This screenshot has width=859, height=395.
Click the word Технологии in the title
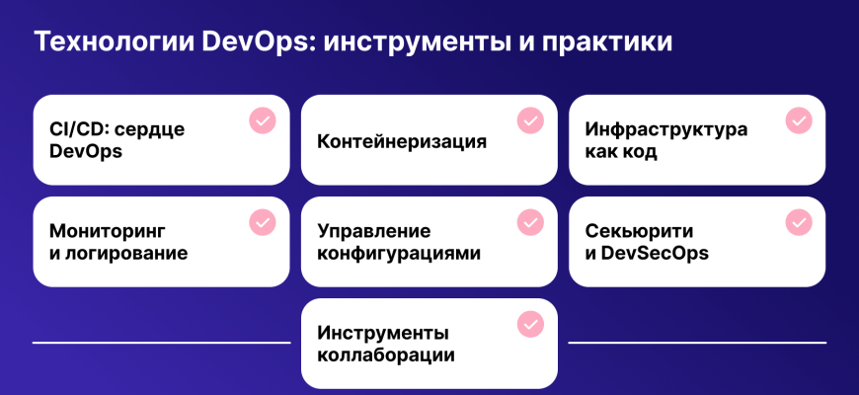click(x=114, y=42)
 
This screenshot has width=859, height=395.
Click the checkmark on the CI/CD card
click(x=263, y=120)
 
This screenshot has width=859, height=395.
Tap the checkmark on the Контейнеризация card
click(x=530, y=120)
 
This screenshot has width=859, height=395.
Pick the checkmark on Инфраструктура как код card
click(x=799, y=120)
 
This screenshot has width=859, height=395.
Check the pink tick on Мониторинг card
click(x=263, y=222)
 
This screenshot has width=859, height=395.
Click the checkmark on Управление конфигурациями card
click(x=530, y=222)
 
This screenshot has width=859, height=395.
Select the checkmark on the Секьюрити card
click(x=799, y=222)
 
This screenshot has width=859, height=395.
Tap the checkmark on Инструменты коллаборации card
click(x=530, y=324)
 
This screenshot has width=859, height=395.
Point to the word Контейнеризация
click(x=402, y=141)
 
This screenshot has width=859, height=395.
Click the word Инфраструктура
click(x=666, y=130)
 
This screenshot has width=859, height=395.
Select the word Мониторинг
click(x=108, y=232)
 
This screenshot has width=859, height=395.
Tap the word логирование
click(x=126, y=254)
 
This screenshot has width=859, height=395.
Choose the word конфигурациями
click(x=399, y=254)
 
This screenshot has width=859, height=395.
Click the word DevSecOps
click(x=655, y=254)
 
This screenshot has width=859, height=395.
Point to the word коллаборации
click(x=386, y=355)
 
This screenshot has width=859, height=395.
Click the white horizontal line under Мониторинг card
click(x=162, y=343)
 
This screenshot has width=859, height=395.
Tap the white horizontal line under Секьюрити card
click(x=697, y=343)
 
